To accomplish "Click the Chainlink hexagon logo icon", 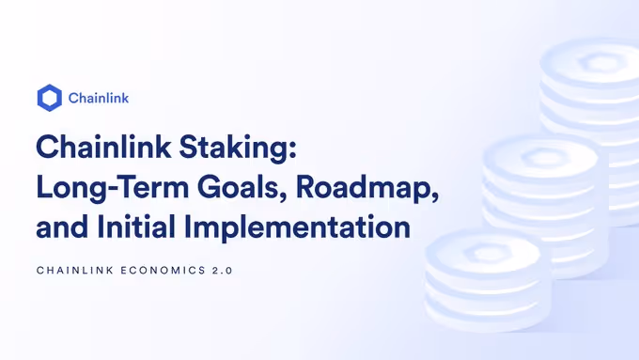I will coord(49,98).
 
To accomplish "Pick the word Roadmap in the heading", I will coord(365,186).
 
